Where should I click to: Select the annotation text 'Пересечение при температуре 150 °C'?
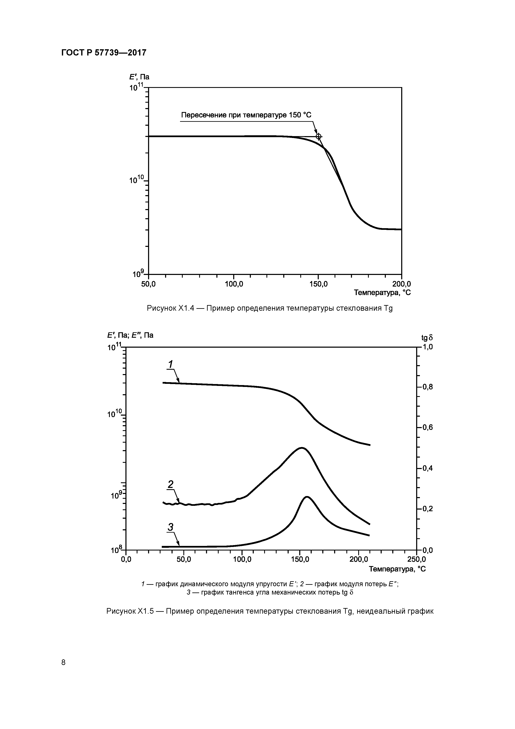pos(246,115)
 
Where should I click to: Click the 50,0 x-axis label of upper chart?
pos(148,284)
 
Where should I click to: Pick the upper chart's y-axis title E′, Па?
pos(139,77)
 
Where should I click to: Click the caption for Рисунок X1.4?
pos(269,308)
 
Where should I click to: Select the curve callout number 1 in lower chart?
pos(170,363)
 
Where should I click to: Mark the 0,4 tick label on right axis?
pos(427,468)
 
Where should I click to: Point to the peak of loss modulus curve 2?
pos(302,448)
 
